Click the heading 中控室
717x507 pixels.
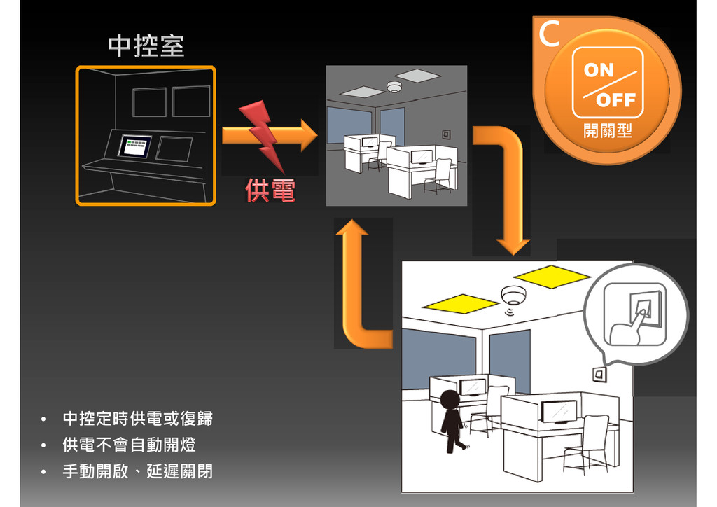(146, 46)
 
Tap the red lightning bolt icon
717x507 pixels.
(265, 136)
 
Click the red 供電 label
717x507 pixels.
(270, 190)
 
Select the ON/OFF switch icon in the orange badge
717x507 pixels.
(607, 82)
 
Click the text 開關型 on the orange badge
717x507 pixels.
(607, 130)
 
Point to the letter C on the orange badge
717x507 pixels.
(550, 35)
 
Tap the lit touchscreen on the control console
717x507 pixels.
(136, 146)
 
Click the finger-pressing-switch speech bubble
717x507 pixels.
(636, 313)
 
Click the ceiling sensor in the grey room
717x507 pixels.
(394, 87)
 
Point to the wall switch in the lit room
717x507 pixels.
(599, 375)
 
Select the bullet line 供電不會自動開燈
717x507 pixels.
(129, 445)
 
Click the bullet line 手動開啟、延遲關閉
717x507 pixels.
(137, 471)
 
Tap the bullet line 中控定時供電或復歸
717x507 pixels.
(137, 419)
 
